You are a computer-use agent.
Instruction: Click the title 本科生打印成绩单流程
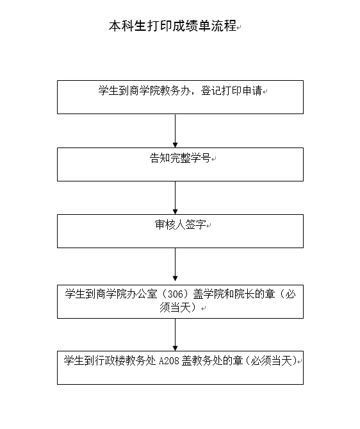click(x=172, y=26)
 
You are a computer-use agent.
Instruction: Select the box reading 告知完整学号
click(x=180, y=164)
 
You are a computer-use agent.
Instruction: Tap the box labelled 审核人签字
click(x=180, y=231)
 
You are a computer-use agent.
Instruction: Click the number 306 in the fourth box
click(x=175, y=294)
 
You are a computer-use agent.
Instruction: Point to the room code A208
click(x=169, y=360)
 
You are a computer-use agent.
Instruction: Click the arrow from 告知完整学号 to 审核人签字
click(x=176, y=198)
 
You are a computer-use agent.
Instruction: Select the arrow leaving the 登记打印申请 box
click(x=176, y=131)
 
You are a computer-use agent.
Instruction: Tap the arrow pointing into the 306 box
click(x=176, y=265)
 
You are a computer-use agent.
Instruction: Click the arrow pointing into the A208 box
click(x=176, y=335)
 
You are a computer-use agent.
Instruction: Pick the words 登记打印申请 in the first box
click(x=231, y=90)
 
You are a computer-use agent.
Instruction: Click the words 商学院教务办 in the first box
click(x=160, y=90)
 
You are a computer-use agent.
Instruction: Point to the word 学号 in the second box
click(x=200, y=158)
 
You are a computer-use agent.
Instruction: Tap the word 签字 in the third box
click(x=195, y=224)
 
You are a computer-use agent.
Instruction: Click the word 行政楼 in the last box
click(x=110, y=360)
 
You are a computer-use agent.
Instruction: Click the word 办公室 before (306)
click(x=142, y=294)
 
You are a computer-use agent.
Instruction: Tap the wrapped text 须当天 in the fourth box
click(x=175, y=307)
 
